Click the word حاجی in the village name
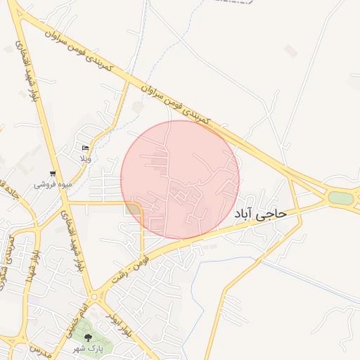tap(271, 212)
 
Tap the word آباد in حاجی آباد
tap(244, 213)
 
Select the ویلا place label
tap(84, 159)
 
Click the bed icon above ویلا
tap(85, 148)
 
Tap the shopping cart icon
tap(52, 174)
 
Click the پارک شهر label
tap(89, 348)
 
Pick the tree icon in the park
tap(88, 337)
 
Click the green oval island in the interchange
tap(340, 198)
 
